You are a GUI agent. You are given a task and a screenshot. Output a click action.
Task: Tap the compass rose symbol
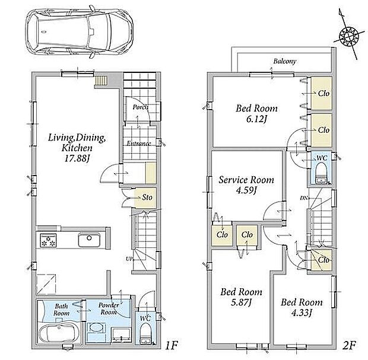tap(348, 36)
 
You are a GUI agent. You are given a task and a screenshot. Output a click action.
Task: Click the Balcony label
tap(284, 61)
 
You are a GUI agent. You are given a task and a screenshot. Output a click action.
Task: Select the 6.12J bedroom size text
tap(257, 119)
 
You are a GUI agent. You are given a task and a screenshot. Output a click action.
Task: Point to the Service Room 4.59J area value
tap(246, 190)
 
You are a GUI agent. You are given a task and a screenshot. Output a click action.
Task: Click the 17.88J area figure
tap(77, 158)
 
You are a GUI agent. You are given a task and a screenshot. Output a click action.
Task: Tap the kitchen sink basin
tap(89, 240)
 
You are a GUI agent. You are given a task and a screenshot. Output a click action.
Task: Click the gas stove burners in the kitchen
tap(48, 240)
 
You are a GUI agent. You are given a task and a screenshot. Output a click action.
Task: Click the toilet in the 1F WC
tap(146, 333)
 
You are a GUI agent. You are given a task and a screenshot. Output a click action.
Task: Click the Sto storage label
tap(147, 197)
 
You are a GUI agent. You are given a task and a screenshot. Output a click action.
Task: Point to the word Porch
tap(140, 107)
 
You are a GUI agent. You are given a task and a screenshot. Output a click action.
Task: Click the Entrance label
tap(139, 144)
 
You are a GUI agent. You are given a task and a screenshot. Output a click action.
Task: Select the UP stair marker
tap(129, 259)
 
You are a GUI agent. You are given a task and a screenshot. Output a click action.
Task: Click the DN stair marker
tap(303, 198)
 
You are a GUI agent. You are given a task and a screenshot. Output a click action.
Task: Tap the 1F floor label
tap(172, 345)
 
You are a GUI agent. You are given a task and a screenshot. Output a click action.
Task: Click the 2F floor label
tap(349, 345)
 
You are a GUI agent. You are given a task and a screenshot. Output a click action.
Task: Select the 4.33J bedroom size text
tap(302, 313)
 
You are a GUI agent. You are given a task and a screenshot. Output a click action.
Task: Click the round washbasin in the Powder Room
tap(97, 327)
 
